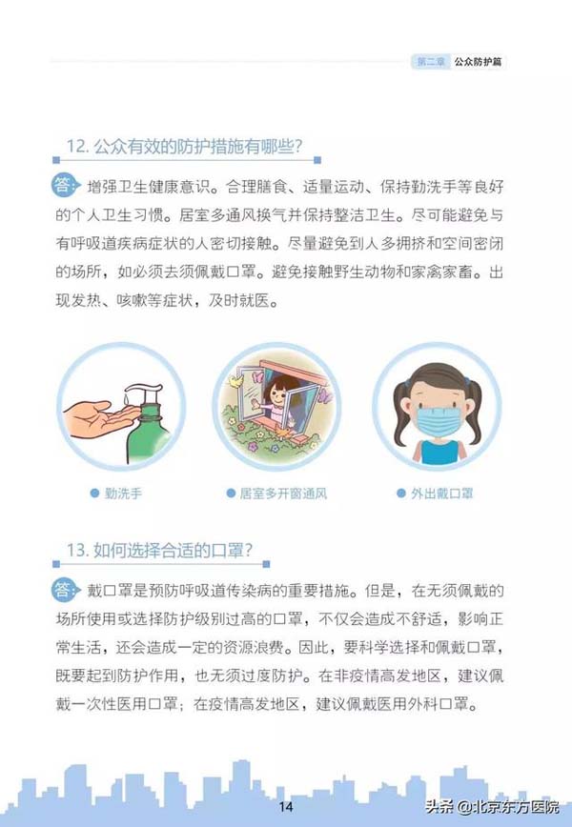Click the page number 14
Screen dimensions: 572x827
285,806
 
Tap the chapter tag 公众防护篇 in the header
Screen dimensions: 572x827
478,62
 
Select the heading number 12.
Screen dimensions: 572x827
77,146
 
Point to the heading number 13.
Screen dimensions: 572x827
77,550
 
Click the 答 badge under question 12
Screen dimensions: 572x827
65,185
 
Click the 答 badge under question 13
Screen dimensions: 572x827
65,589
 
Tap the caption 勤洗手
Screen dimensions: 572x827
124,494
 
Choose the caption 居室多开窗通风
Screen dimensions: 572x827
283,494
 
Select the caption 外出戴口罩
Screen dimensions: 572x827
442,494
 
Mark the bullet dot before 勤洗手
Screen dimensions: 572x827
95,494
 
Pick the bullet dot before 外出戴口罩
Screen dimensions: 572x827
401,494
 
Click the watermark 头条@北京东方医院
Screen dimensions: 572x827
493,807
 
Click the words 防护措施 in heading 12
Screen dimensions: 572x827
209,146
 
